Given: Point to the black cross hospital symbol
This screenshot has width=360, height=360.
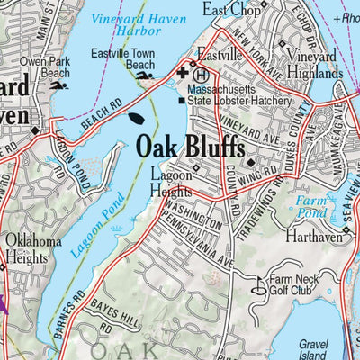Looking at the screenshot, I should pyautogui.click(x=184, y=73).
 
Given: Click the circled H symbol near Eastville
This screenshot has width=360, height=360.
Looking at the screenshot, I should pyautogui.click(x=202, y=76).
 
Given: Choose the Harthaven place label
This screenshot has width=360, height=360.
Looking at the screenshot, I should pyautogui.click(x=310, y=238).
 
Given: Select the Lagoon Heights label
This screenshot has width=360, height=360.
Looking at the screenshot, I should pyautogui.click(x=170, y=184).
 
